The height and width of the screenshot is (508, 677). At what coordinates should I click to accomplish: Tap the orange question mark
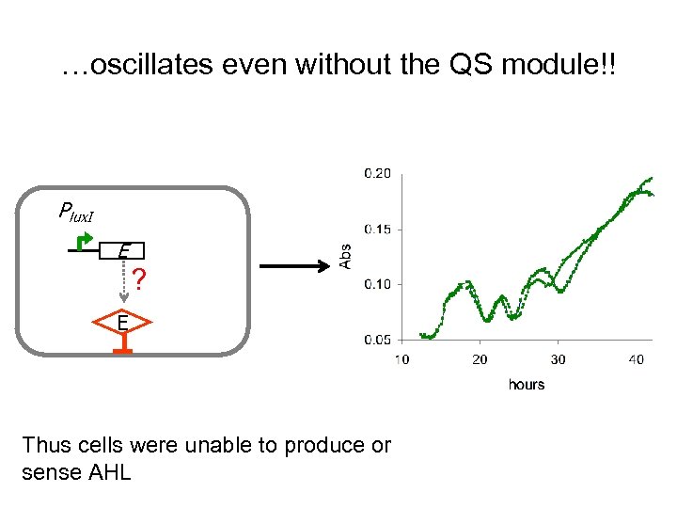(x=139, y=279)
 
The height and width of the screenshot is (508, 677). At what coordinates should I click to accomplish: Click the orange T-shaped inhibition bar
(x=123, y=347)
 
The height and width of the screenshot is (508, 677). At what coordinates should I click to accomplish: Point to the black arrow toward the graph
(x=292, y=268)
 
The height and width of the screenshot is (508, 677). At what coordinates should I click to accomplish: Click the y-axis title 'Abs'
(x=345, y=255)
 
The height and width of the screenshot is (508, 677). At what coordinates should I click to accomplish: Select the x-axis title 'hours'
(x=526, y=384)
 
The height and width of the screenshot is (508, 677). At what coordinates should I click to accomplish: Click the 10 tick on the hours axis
(x=401, y=359)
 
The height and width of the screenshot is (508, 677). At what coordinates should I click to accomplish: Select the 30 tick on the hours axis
(x=558, y=359)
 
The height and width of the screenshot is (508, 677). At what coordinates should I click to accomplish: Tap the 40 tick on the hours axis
(x=637, y=359)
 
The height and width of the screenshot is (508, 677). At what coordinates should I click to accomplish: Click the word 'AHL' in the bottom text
(x=105, y=472)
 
